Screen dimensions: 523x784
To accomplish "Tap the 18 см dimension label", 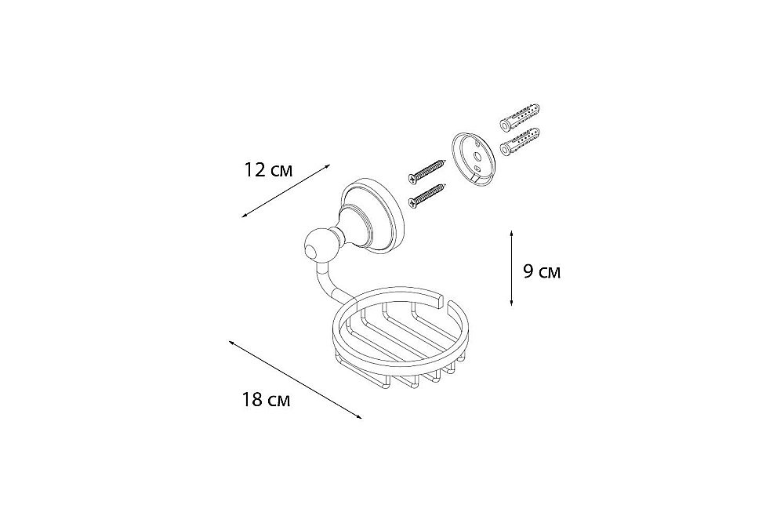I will pos(266,400).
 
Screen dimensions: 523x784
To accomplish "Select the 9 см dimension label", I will pos(541,272).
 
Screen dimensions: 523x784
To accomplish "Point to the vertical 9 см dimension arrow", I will pos(511,268).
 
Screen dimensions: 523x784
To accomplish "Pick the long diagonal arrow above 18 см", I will pos(295,380).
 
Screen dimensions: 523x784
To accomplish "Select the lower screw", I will pos(426,194).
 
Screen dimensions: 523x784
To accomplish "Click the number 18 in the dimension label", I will pos(252,400).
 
